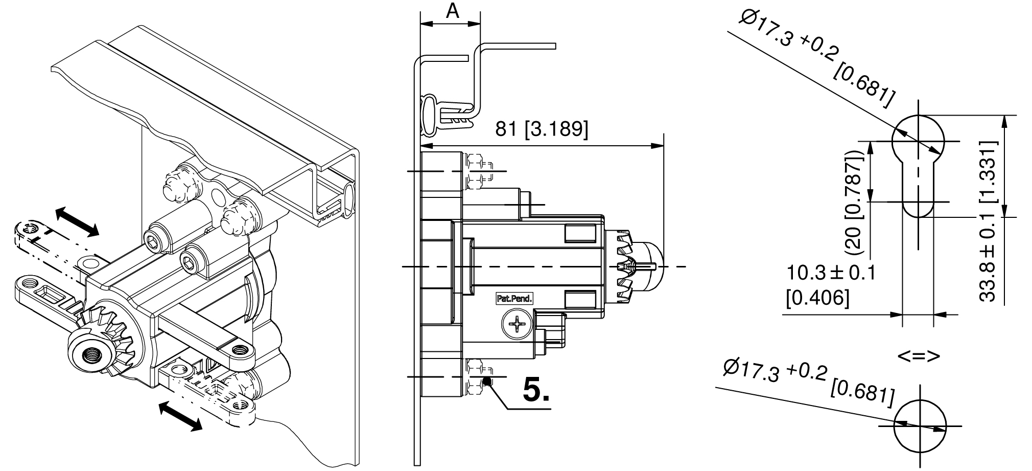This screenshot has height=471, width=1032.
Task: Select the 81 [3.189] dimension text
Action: (x=542, y=129)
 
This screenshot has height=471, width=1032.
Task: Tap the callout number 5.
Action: (x=536, y=392)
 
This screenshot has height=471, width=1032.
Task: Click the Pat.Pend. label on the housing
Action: (x=514, y=298)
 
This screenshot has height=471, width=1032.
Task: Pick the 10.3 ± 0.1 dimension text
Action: (x=831, y=273)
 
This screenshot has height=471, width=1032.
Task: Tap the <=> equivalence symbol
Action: (x=919, y=356)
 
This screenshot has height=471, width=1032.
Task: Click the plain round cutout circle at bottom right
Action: (x=919, y=425)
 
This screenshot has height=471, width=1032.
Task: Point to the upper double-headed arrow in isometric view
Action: (x=77, y=222)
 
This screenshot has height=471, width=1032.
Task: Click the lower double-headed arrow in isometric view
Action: (x=180, y=416)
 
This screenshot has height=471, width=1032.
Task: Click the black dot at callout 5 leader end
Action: (x=487, y=381)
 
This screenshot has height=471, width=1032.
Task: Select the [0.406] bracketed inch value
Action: (x=817, y=298)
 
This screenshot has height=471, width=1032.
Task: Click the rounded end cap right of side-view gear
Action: (x=651, y=266)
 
